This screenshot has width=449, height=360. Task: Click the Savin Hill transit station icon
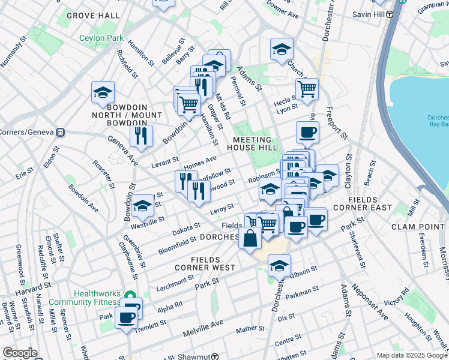[390, 14]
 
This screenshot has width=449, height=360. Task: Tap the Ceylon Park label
[101, 38]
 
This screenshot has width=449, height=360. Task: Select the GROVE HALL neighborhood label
[92, 15]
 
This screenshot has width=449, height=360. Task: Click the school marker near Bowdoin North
[103, 93]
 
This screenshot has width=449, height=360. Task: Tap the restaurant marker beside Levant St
[141, 136]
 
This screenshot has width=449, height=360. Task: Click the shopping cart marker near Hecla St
[307, 89]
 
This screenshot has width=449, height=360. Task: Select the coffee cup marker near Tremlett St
[127, 317]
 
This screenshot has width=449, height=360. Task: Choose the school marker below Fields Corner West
[279, 265]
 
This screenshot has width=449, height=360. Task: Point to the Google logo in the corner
[20, 353]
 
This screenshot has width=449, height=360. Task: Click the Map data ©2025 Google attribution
[412, 355]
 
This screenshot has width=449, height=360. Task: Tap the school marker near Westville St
[143, 206]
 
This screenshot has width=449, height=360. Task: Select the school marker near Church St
[281, 50]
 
